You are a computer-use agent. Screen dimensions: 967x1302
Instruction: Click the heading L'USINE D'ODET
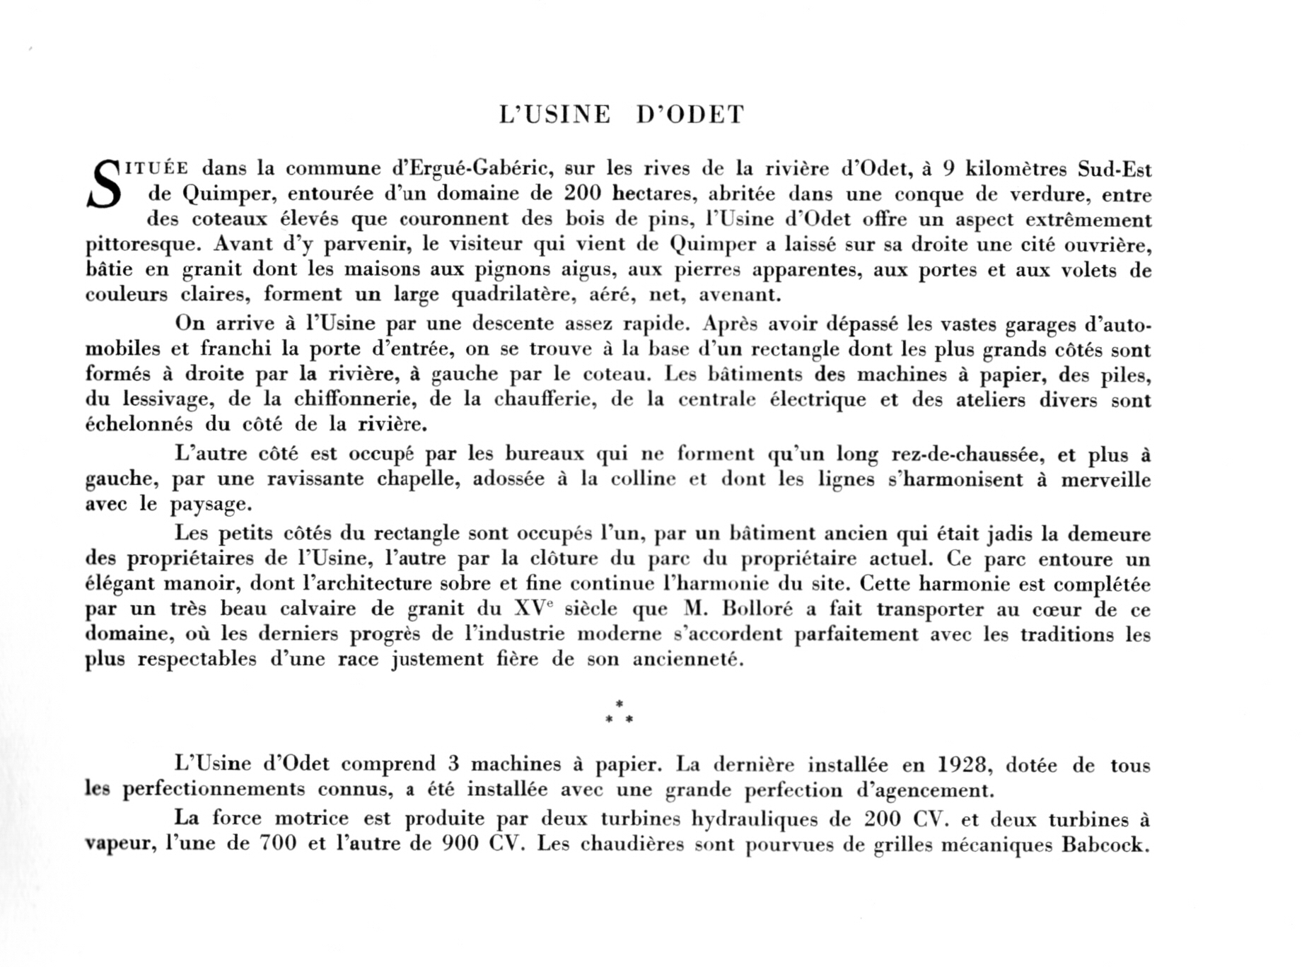click(x=622, y=115)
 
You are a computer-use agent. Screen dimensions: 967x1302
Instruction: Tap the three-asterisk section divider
click(x=620, y=713)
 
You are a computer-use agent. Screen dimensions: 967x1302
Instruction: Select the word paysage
click(x=210, y=505)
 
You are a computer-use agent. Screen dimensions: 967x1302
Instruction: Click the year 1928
click(x=965, y=765)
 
